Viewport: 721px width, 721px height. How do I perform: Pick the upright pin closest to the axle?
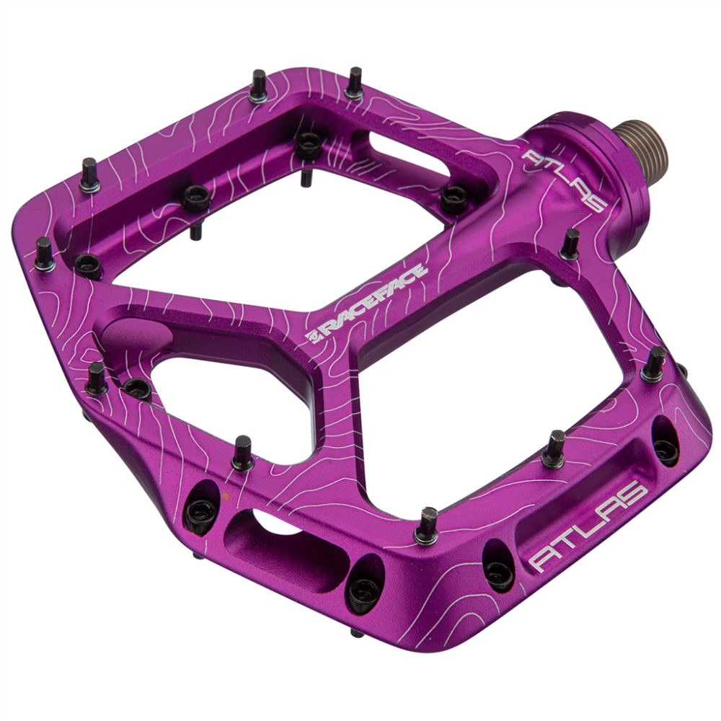pos(570,244)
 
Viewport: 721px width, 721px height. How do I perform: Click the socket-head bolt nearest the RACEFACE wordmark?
pos(454,198)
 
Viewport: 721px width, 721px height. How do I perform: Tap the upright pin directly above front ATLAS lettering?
pos(554,448)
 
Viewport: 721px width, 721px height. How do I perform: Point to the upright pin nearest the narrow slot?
pos(354,83)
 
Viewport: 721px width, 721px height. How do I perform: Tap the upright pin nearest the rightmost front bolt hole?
pos(654,363)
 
